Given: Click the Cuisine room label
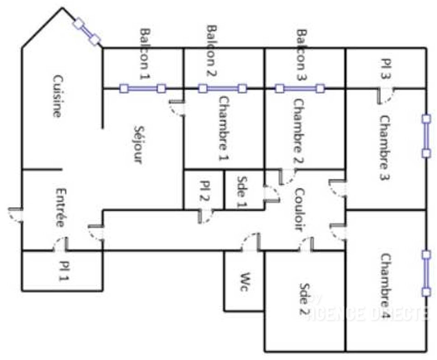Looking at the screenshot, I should pos(56,96).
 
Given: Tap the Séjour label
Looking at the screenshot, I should pos(137,145).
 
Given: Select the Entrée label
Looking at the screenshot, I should pos(60,208).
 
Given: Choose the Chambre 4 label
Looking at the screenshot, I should pos(385,286).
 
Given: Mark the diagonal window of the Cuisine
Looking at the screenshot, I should pos(86,31).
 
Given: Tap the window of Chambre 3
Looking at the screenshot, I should pos(426,136).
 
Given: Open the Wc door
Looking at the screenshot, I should pos(250,243).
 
